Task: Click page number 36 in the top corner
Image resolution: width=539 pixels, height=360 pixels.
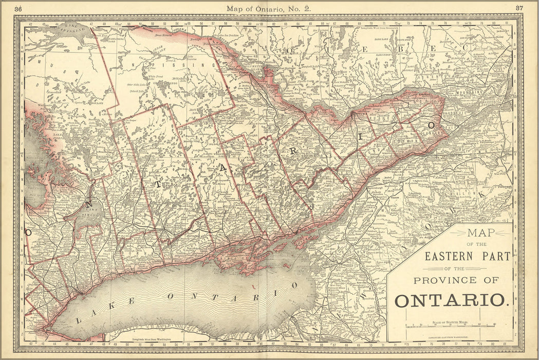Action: (18, 8)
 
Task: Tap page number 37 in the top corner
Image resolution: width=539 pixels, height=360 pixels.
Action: (519, 8)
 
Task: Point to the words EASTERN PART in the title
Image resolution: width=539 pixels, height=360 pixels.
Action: (467, 256)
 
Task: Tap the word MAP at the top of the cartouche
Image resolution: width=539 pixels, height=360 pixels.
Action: (481, 232)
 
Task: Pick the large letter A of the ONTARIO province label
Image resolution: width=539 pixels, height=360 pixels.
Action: (222, 173)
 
